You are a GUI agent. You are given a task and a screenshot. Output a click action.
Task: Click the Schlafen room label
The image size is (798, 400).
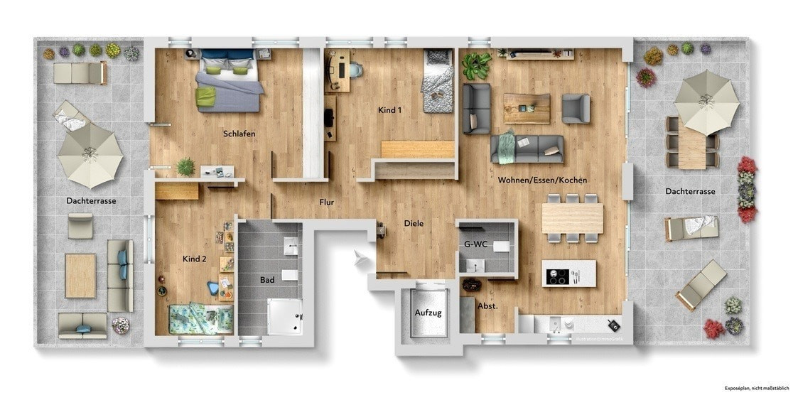coord(239,134)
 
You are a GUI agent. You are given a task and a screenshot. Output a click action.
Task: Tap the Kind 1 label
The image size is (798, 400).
coord(390,110)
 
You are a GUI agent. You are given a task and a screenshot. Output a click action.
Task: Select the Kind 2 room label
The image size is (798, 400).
coord(195,259)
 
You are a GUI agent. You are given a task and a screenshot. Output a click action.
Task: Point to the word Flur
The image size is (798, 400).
coord(327,202)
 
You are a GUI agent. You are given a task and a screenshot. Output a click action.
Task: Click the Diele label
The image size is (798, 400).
coord(414,223)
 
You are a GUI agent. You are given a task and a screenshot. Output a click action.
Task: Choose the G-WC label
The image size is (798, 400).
coord(475,244)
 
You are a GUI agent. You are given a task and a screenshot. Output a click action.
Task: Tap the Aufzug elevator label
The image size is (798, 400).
coord(428,313)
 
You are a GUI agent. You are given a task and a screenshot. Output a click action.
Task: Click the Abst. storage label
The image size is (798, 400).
coord(487,306)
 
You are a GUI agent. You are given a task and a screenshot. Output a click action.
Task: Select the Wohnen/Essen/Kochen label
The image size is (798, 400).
coord(542,180)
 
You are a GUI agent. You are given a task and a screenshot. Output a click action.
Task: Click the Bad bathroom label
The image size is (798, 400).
coord(267,280)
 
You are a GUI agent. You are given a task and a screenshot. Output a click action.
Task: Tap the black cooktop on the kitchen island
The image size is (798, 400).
coord(558,276)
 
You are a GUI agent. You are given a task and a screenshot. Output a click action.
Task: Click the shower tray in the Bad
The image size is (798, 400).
coord(285,317)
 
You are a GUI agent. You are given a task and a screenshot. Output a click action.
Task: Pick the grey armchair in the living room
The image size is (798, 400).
coord(576,109)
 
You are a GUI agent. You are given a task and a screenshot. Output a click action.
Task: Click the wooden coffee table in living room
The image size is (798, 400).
coord(527,109)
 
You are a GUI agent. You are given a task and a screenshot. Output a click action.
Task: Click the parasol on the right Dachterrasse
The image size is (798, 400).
coord(706,102)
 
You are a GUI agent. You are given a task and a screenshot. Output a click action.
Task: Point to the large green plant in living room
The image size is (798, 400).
coord(476,66)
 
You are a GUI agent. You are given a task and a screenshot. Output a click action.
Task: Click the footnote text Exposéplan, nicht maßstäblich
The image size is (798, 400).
coord(757,389)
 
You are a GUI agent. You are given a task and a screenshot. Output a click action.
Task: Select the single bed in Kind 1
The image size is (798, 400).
coord(437,81)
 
